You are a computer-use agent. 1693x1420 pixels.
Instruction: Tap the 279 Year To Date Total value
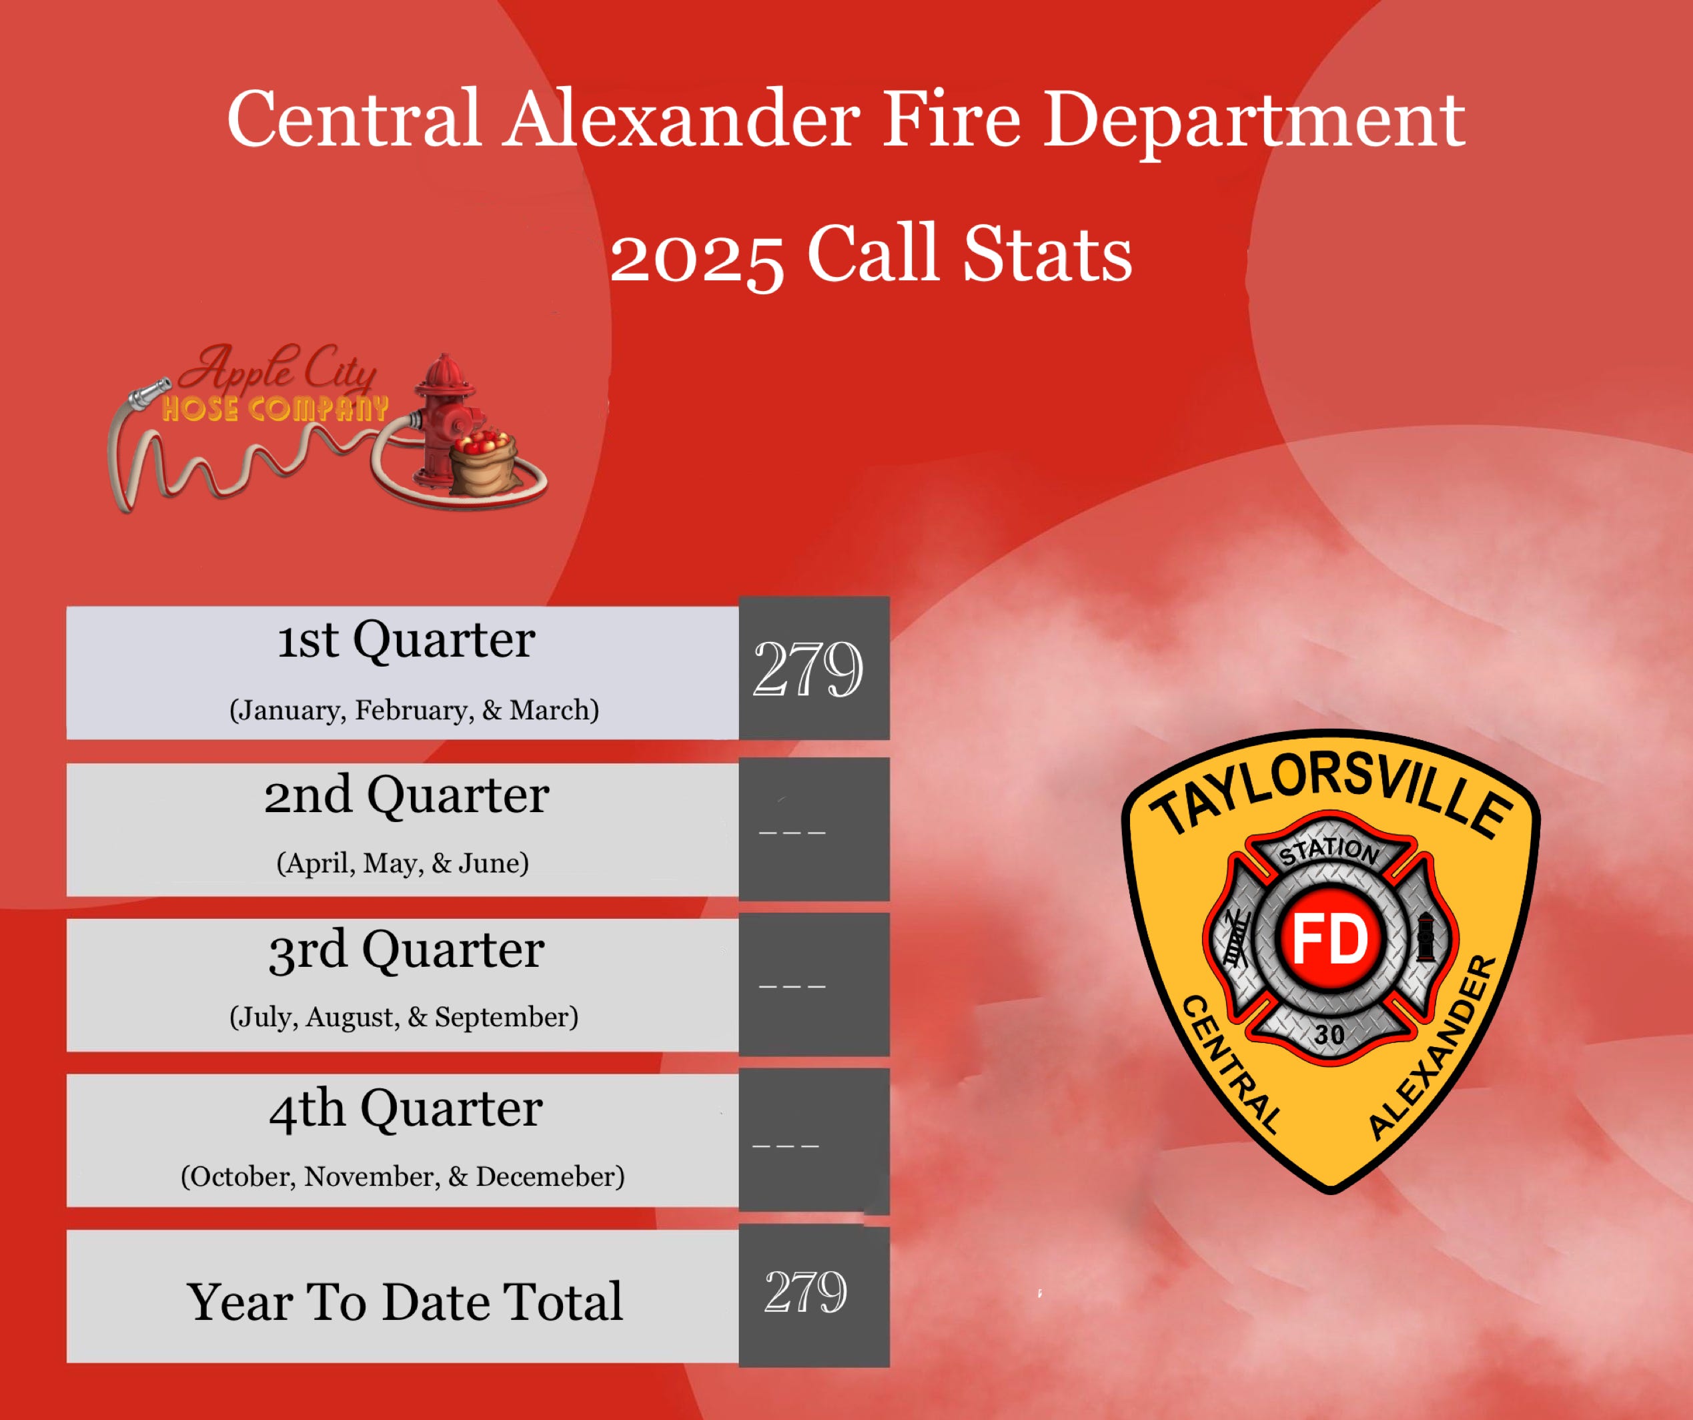point(805,1291)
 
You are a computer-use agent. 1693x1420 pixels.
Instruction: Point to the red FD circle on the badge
point(1330,940)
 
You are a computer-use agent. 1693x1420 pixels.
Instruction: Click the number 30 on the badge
point(1329,1034)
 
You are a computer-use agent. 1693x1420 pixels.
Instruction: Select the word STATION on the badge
point(1329,851)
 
